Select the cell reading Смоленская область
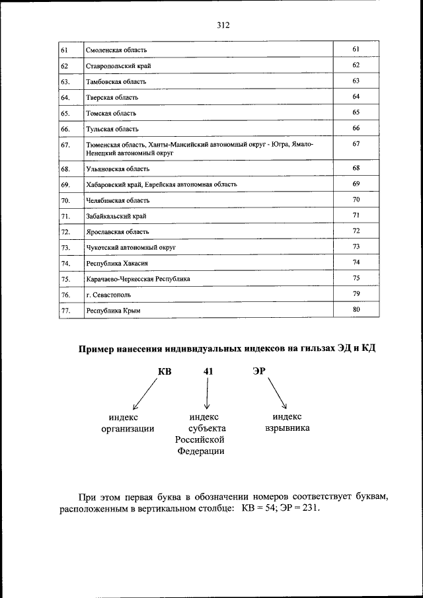[116, 50]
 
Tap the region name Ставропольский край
[118, 66]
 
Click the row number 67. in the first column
[65, 144]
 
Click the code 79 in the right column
[356, 293]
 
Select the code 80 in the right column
[356, 309]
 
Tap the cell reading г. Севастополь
[108, 295]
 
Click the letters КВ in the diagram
[165, 372]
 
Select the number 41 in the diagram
[208, 372]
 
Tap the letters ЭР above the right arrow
[259, 371]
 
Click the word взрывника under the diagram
[287, 428]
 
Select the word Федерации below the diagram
[200, 451]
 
